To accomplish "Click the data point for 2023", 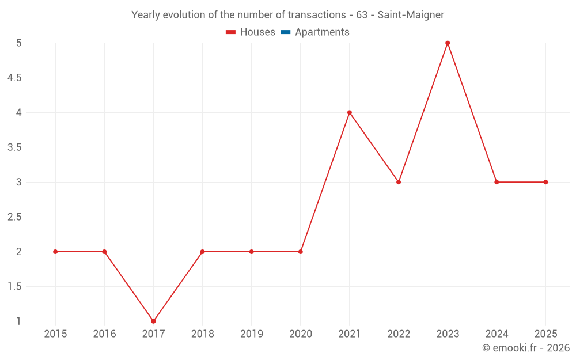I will pyautogui.click(x=448, y=43).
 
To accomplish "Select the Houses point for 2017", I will pyautogui.click(x=153, y=321).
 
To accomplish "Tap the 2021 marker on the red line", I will pyautogui.click(x=350, y=112).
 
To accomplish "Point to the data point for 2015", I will pyautogui.click(x=55, y=252).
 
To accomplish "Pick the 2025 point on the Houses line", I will pyautogui.click(x=545, y=182).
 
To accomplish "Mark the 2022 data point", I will pyautogui.click(x=399, y=182).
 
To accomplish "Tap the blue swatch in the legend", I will pyautogui.click(x=286, y=32).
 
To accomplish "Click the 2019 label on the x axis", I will pyautogui.click(x=252, y=334).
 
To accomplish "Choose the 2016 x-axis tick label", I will pyautogui.click(x=104, y=334).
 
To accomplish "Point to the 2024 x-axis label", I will pyautogui.click(x=497, y=334).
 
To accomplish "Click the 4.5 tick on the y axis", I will pyautogui.click(x=14, y=78).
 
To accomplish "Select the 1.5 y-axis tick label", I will pyautogui.click(x=14, y=286).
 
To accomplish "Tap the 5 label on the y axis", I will pyautogui.click(x=19, y=43).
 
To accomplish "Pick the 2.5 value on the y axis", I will pyautogui.click(x=14, y=217).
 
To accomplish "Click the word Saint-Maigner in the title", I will pyautogui.click(x=411, y=15).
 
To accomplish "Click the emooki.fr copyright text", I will pyautogui.click(x=526, y=348).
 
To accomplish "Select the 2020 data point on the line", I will pyautogui.click(x=301, y=252).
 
